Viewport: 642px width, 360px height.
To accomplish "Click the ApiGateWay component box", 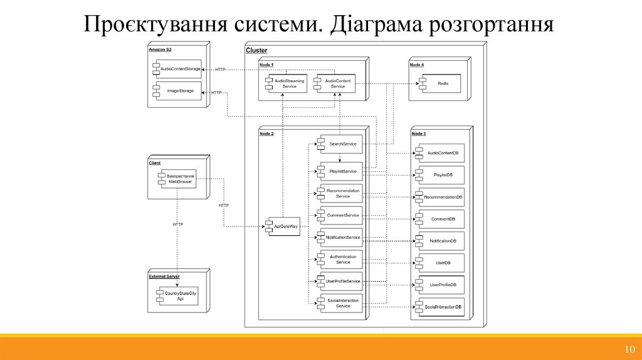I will point(282,226).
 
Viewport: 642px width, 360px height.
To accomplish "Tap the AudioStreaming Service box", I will point(287,83).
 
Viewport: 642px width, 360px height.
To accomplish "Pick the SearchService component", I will point(340,144).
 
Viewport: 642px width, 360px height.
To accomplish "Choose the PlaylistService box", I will point(340,171).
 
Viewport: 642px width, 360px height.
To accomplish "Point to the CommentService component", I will point(340,215).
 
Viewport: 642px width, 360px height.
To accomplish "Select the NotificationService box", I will point(340,237).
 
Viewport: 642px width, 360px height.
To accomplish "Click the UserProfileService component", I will point(340,281).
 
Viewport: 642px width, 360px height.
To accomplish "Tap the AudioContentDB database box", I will point(441,153).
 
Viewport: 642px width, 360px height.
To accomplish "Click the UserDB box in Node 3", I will point(441,262).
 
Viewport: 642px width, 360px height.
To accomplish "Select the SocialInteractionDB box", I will point(441,306).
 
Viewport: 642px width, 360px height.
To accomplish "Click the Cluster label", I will point(256,50).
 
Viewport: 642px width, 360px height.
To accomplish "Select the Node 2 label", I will point(266,134).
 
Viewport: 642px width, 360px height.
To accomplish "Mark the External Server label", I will point(164,276).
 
